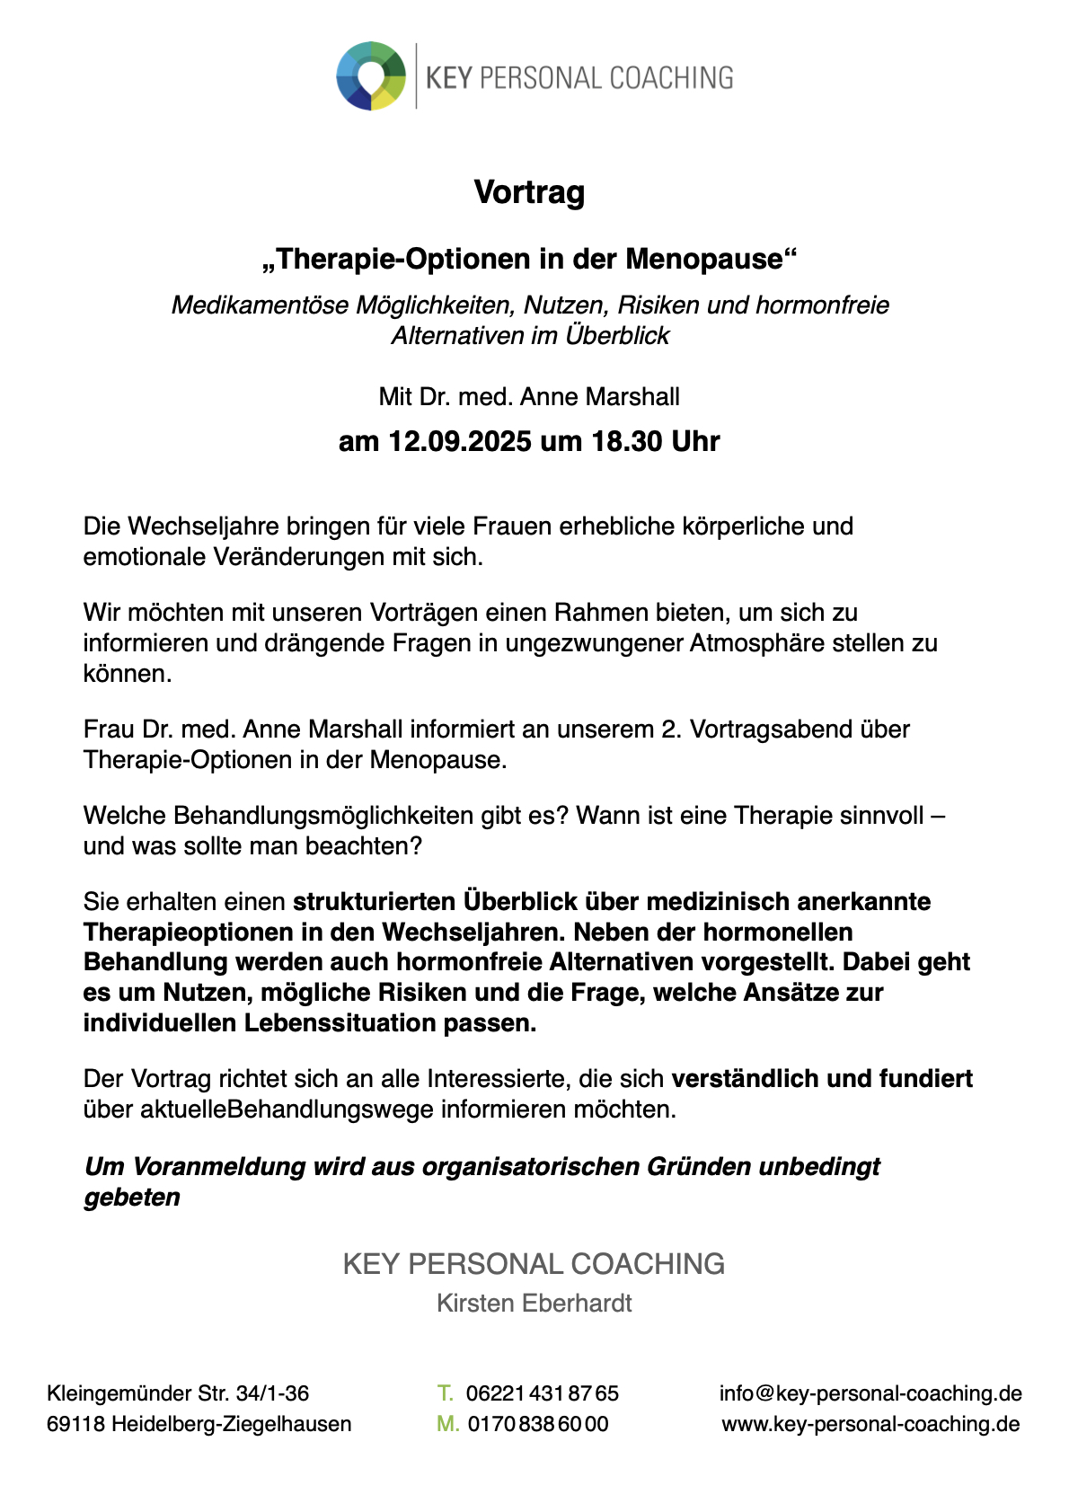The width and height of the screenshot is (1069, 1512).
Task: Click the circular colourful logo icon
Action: [370, 76]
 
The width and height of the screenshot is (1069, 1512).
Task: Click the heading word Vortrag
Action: [529, 192]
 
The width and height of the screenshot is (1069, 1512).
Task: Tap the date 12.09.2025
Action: [459, 442]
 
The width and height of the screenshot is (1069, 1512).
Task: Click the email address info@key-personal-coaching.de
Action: [870, 1393]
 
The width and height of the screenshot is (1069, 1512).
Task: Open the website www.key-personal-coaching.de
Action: [870, 1424]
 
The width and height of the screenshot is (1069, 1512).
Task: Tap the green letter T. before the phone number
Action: [445, 1393]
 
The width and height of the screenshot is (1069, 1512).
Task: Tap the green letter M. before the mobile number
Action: [447, 1424]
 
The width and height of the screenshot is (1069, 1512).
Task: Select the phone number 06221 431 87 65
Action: [542, 1393]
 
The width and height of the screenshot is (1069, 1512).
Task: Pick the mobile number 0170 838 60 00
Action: [537, 1424]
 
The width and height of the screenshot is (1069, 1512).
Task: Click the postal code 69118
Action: [75, 1424]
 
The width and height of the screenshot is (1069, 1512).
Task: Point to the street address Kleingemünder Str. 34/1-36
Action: [178, 1393]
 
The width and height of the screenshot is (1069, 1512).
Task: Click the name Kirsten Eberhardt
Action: [534, 1304]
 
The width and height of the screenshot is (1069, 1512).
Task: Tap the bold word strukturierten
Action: [375, 901]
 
